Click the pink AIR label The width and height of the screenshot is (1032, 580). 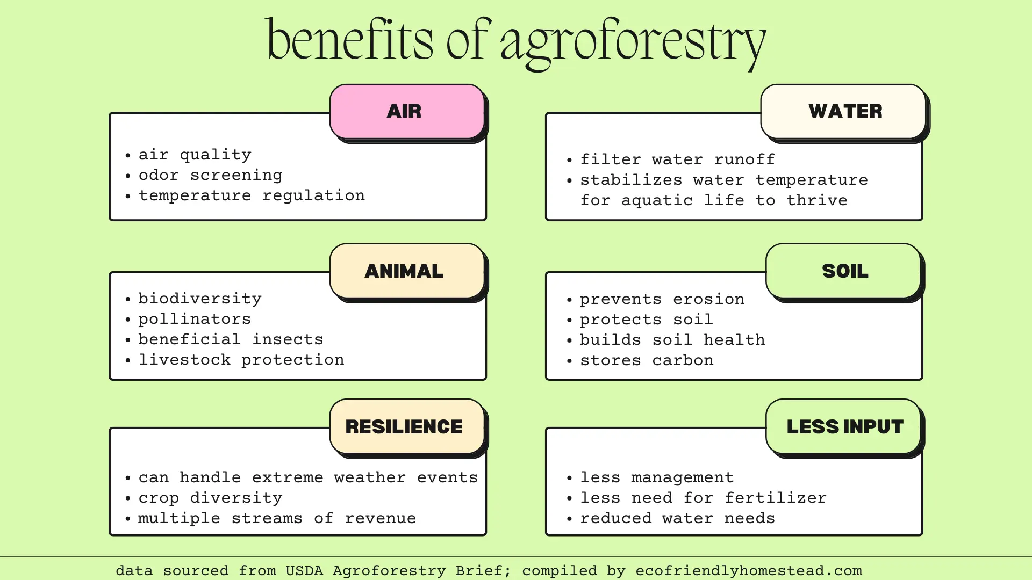tap(407, 111)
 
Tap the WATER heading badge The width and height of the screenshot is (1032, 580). tap(843, 111)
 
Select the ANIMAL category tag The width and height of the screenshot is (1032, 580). tap(407, 271)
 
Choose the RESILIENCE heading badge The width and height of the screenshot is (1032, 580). tap(407, 426)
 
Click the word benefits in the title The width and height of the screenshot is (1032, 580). tap(349, 40)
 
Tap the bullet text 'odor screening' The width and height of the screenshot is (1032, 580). tap(210, 176)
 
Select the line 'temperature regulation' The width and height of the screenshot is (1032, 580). tap(252, 196)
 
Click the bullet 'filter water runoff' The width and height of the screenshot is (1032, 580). tap(677, 160)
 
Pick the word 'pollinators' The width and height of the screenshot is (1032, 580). tap(195, 319)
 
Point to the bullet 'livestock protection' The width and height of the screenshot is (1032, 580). tap(241, 360)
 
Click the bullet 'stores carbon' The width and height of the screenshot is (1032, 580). tap(647, 360)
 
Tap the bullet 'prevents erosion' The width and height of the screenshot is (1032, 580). tap(662, 299)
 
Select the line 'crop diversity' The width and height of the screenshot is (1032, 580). tap(210, 498)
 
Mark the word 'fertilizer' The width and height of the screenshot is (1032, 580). tap(775, 498)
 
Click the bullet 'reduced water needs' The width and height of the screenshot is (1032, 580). tap(677, 518)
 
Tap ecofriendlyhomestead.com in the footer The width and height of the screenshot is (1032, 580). tap(749, 570)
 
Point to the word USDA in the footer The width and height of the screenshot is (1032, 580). tap(304, 570)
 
